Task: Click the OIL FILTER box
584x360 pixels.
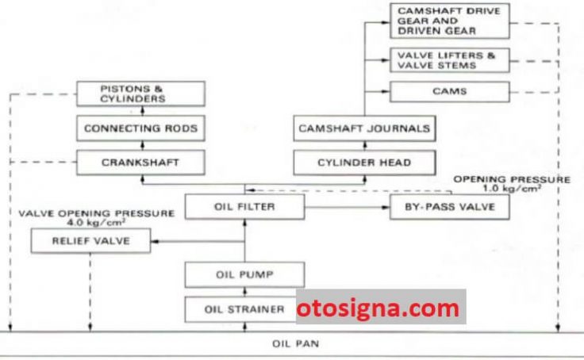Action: tap(244, 207)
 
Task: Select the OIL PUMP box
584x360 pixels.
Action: tap(244, 274)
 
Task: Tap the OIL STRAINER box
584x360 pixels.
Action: tap(241, 309)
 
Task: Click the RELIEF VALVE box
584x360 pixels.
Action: tap(91, 241)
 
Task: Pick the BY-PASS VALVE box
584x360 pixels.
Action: tap(450, 207)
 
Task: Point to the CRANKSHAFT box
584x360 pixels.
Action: tap(140, 163)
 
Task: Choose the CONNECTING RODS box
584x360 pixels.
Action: tap(140, 128)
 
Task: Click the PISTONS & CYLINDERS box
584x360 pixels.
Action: tap(140, 94)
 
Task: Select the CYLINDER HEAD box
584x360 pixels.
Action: tap(364, 163)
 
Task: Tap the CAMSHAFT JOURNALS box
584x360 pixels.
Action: tap(364, 128)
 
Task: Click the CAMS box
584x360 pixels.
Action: tap(450, 91)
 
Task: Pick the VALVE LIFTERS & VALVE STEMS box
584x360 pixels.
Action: tap(450, 60)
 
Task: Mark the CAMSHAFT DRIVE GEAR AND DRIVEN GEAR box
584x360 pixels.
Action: tap(450, 21)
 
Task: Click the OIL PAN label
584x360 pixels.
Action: tap(296, 343)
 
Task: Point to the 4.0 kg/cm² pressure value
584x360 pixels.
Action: tap(96, 223)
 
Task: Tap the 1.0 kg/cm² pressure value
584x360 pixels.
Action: tap(512, 188)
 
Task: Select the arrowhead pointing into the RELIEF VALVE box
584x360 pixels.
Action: tap(155, 241)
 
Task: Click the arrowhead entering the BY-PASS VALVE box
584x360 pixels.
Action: tap(386, 207)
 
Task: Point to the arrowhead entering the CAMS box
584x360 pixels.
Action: tap(386, 91)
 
